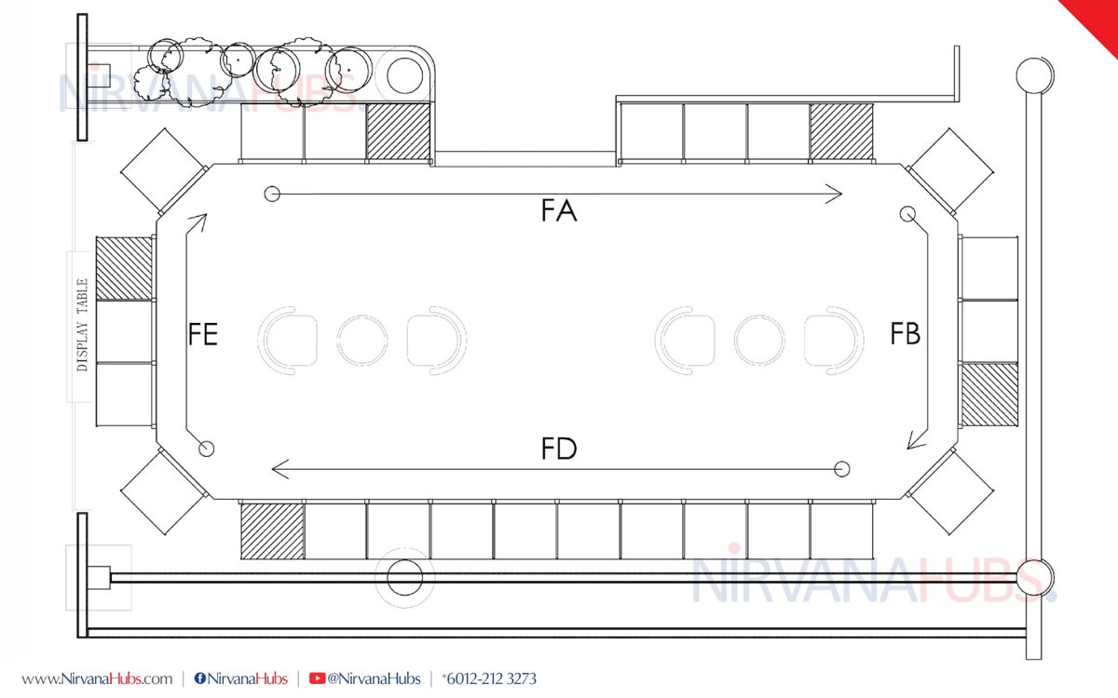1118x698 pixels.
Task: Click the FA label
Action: coord(559,210)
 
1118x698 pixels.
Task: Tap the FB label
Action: coord(906,333)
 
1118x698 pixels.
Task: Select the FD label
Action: coord(559,449)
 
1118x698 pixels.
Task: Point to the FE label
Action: coord(203,333)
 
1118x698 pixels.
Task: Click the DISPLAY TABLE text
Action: coord(82,325)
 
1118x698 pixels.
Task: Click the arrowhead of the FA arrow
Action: coord(835,194)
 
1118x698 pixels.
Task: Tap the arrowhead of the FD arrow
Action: coord(280,469)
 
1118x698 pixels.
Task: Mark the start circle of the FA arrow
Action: coord(272,194)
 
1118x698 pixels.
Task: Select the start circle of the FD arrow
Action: coord(842,469)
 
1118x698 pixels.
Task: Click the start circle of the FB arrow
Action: coord(907,214)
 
